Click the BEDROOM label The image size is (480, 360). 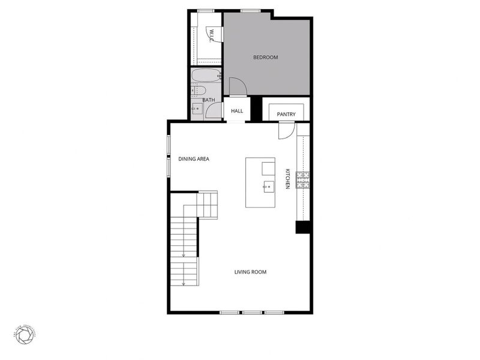pos(265,58)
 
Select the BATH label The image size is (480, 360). pos(208,100)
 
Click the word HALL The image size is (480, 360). pos(237,111)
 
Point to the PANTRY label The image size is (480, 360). pos(286,114)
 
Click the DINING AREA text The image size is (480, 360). pos(193,159)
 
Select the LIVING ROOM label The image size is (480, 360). pos(250,272)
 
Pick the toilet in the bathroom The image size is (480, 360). pos(195,91)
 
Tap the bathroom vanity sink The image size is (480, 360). pos(196,109)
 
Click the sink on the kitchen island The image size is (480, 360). pos(268,186)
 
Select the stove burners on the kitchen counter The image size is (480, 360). pos(304,179)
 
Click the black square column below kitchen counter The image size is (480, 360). pos(303,227)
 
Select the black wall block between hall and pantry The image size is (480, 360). pos(256,109)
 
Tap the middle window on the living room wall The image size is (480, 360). pos(251,312)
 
